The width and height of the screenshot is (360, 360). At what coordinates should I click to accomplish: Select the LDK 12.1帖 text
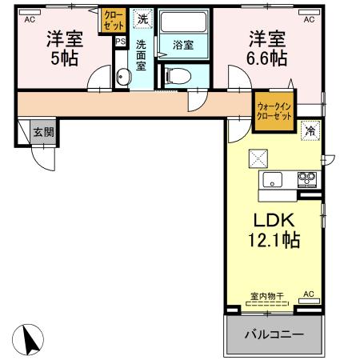[276, 229]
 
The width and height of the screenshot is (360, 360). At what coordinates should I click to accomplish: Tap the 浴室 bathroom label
[183, 46]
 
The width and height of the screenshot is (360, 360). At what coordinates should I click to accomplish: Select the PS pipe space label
[121, 42]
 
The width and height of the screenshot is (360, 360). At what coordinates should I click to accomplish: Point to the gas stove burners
[308, 178]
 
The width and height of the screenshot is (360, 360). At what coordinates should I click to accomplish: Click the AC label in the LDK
[307, 295]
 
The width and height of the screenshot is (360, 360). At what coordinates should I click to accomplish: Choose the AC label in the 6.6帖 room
[307, 18]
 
